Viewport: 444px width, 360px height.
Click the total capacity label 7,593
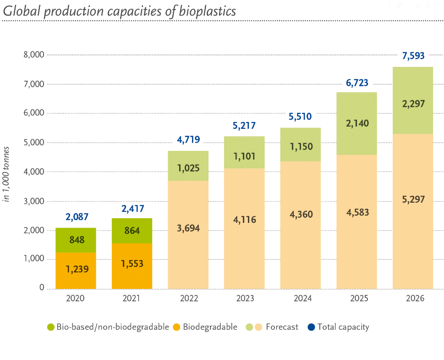413,56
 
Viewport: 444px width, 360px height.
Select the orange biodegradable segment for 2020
76,270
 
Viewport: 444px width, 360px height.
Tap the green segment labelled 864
132,231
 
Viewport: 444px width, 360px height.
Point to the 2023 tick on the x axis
245,299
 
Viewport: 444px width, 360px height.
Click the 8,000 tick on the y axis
33,55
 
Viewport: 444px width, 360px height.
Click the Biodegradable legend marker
177,327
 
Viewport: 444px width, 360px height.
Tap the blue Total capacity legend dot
311,327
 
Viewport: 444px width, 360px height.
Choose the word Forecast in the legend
282,327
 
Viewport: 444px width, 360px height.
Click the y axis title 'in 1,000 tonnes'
7,174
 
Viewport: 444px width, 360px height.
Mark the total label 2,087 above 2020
76,217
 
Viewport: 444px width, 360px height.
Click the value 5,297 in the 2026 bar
413,199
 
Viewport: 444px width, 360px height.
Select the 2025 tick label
357,299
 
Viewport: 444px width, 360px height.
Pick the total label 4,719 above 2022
188,140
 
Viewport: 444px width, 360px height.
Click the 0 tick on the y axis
42,288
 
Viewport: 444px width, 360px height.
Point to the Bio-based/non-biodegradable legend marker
51,327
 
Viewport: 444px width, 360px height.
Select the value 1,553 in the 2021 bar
132,264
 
